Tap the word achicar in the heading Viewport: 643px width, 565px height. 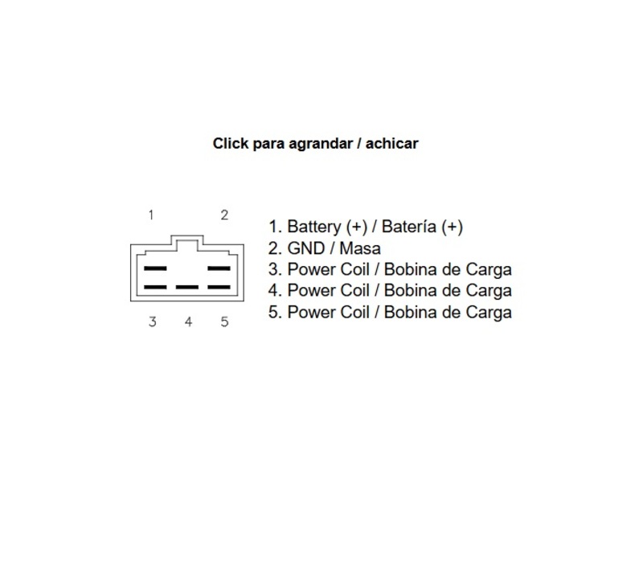point(391,144)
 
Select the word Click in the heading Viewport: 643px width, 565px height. point(230,144)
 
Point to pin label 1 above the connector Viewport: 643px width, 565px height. point(151,215)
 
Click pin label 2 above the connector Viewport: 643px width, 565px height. point(224,215)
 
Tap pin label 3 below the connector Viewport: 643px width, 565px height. point(152,322)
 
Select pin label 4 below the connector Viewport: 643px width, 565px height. point(188,322)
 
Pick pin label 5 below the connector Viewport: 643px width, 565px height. point(224,322)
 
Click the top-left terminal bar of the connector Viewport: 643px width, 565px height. point(154,268)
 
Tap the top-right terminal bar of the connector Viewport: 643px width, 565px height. point(219,268)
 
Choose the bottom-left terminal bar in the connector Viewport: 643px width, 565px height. point(154,287)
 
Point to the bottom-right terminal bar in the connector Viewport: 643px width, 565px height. point(219,287)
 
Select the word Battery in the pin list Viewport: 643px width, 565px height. point(313,227)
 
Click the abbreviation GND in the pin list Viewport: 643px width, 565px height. point(305,248)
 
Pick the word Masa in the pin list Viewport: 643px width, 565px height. point(360,248)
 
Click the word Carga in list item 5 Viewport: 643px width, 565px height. point(488,312)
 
